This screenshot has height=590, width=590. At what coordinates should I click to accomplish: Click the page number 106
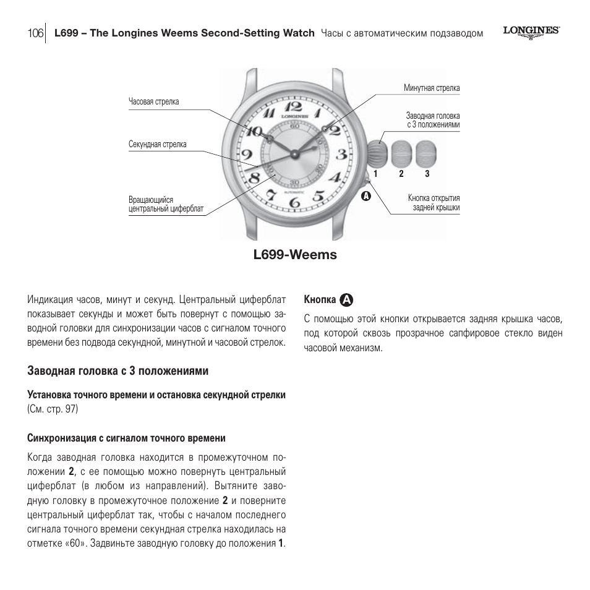pyautogui.click(x=35, y=33)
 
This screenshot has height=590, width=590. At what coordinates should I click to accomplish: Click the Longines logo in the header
pyautogui.click(x=531, y=32)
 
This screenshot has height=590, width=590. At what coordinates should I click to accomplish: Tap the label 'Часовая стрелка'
pyautogui.click(x=154, y=102)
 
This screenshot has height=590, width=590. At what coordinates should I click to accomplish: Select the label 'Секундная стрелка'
pyautogui.click(x=158, y=145)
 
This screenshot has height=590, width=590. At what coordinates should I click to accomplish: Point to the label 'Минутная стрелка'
pyautogui.click(x=432, y=88)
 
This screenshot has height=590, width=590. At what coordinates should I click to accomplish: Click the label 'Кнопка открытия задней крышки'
pyautogui.click(x=434, y=203)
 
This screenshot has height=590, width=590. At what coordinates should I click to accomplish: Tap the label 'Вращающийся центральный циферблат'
pyautogui.click(x=166, y=205)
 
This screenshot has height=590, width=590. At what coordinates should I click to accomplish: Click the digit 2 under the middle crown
pyautogui.click(x=401, y=174)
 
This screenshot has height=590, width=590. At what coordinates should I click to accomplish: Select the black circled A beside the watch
pyautogui.click(x=366, y=196)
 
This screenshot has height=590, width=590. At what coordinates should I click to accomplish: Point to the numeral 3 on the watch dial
pyautogui.click(x=341, y=154)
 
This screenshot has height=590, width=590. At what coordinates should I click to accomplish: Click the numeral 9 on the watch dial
pyautogui.click(x=246, y=155)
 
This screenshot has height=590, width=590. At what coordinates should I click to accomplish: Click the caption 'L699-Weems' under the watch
pyautogui.click(x=295, y=255)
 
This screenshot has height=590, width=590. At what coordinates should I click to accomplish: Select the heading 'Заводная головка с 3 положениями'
pyautogui.click(x=118, y=371)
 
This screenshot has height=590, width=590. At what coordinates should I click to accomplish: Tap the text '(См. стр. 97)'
pyautogui.click(x=53, y=409)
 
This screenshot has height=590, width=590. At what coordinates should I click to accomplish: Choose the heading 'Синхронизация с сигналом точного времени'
pyautogui.click(x=126, y=438)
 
